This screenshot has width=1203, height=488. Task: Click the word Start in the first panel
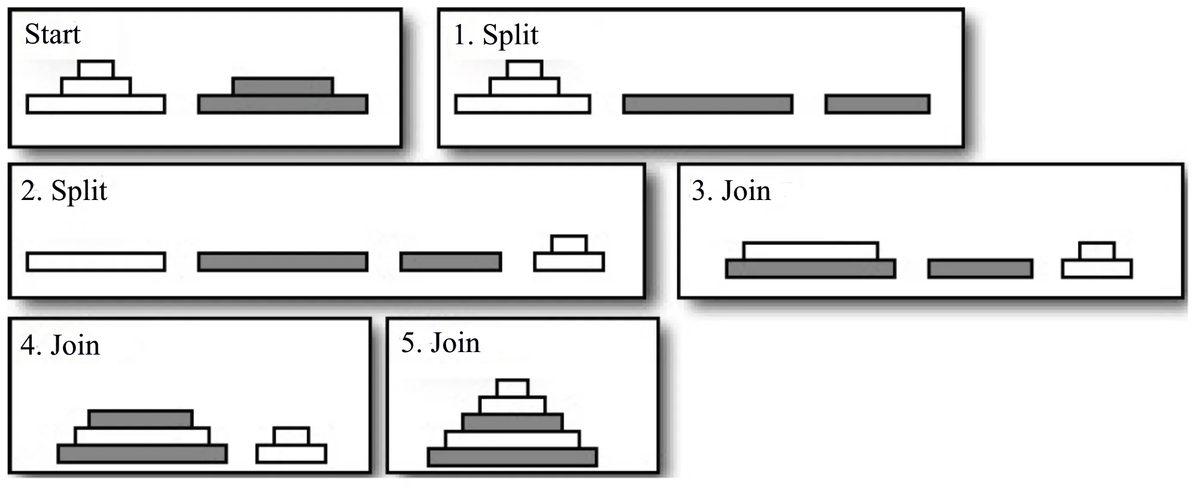[53, 34]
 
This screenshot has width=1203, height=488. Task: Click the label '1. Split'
[496, 35]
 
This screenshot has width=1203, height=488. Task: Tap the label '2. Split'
[64, 191]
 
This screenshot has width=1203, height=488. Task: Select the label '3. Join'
[731, 191]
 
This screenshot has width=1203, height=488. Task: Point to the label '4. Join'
[60, 345]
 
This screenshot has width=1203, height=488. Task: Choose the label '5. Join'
[441, 343]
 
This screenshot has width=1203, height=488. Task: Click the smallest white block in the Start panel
[96, 69]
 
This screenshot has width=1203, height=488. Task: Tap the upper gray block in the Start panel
[283, 86]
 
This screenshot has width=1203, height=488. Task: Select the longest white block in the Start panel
[96, 104]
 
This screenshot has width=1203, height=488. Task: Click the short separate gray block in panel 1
[877, 104]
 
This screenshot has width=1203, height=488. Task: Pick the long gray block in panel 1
[708, 104]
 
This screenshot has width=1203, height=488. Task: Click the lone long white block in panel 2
[96, 262]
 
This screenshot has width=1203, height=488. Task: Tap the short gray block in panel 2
[450, 262]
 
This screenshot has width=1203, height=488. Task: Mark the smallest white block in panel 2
[569, 244]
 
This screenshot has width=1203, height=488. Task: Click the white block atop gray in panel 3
[811, 251]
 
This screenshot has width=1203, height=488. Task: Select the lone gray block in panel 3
[980, 269]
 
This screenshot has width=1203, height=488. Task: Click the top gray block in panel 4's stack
[141, 419]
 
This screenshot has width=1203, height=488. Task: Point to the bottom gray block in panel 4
[143, 454]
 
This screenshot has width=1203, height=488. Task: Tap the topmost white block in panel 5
[513, 388]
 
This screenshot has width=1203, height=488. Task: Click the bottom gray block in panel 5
[513, 457]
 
